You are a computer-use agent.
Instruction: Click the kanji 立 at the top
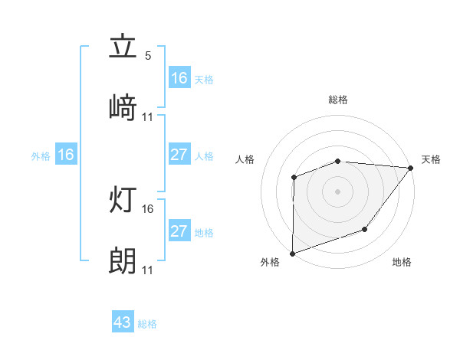pyautogui.click(x=123, y=47)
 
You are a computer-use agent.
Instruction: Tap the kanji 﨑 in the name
pyautogui.click(x=123, y=108)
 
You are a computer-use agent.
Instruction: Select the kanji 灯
pyautogui.click(x=123, y=201)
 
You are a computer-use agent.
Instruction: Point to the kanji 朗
pyautogui.click(x=123, y=262)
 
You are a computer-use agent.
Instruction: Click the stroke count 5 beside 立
pyautogui.click(x=148, y=56)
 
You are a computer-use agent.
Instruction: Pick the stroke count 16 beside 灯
pyautogui.click(x=148, y=209)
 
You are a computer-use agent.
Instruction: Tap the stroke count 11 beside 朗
pyautogui.click(x=148, y=270)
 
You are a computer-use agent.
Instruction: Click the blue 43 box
pyautogui.click(x=123, y=322)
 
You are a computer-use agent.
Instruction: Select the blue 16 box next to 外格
pyautogui.click(x=66, y=155)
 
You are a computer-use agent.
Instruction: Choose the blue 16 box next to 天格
pyautogui.click(x=179, y=77)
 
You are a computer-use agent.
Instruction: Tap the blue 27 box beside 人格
pyautogui.click(x=179, y=155)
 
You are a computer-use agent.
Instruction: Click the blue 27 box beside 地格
pyautogui.click(x=179, y=231)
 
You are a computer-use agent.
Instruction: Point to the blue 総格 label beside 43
pyautogui.click(x=147, y=323)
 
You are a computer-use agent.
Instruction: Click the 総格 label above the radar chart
pyautogui.click(x=337, y=100)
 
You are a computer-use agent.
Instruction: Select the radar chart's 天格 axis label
pyautogui.click(x=431, y=159)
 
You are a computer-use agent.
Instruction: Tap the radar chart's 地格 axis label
pyautogui.click(x=402, y=262)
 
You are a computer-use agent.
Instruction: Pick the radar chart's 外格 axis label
pyautogui.click(x=270, y=262)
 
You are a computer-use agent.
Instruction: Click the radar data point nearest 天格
pyautogui.click(x=410, y=168)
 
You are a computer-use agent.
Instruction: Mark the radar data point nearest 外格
pyautogui.click(x=292, y=252)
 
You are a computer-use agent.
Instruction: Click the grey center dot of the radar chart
pyautogui.click(x=337, y=191)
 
